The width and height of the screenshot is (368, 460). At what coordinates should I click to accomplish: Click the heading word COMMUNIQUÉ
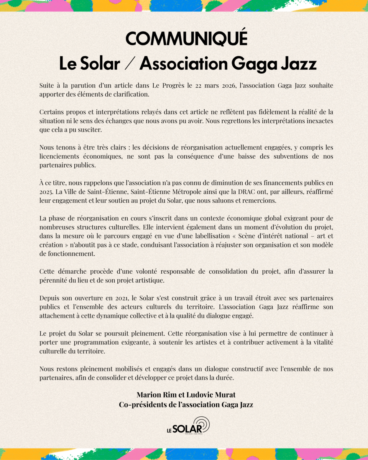[186, 39]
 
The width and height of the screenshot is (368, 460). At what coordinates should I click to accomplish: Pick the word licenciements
[59, 156]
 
